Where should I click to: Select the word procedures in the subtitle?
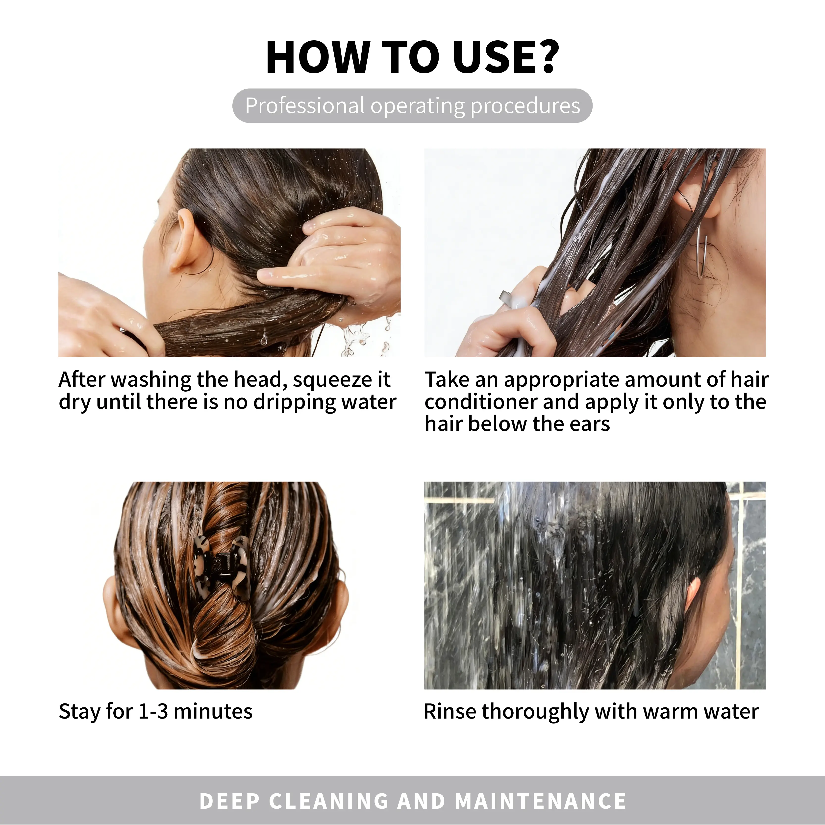click(x=525, y=106)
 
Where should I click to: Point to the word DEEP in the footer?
click(x=230, y=801)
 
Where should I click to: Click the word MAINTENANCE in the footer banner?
click(x=541, y=801)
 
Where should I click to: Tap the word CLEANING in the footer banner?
click(x=329, y=801)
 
